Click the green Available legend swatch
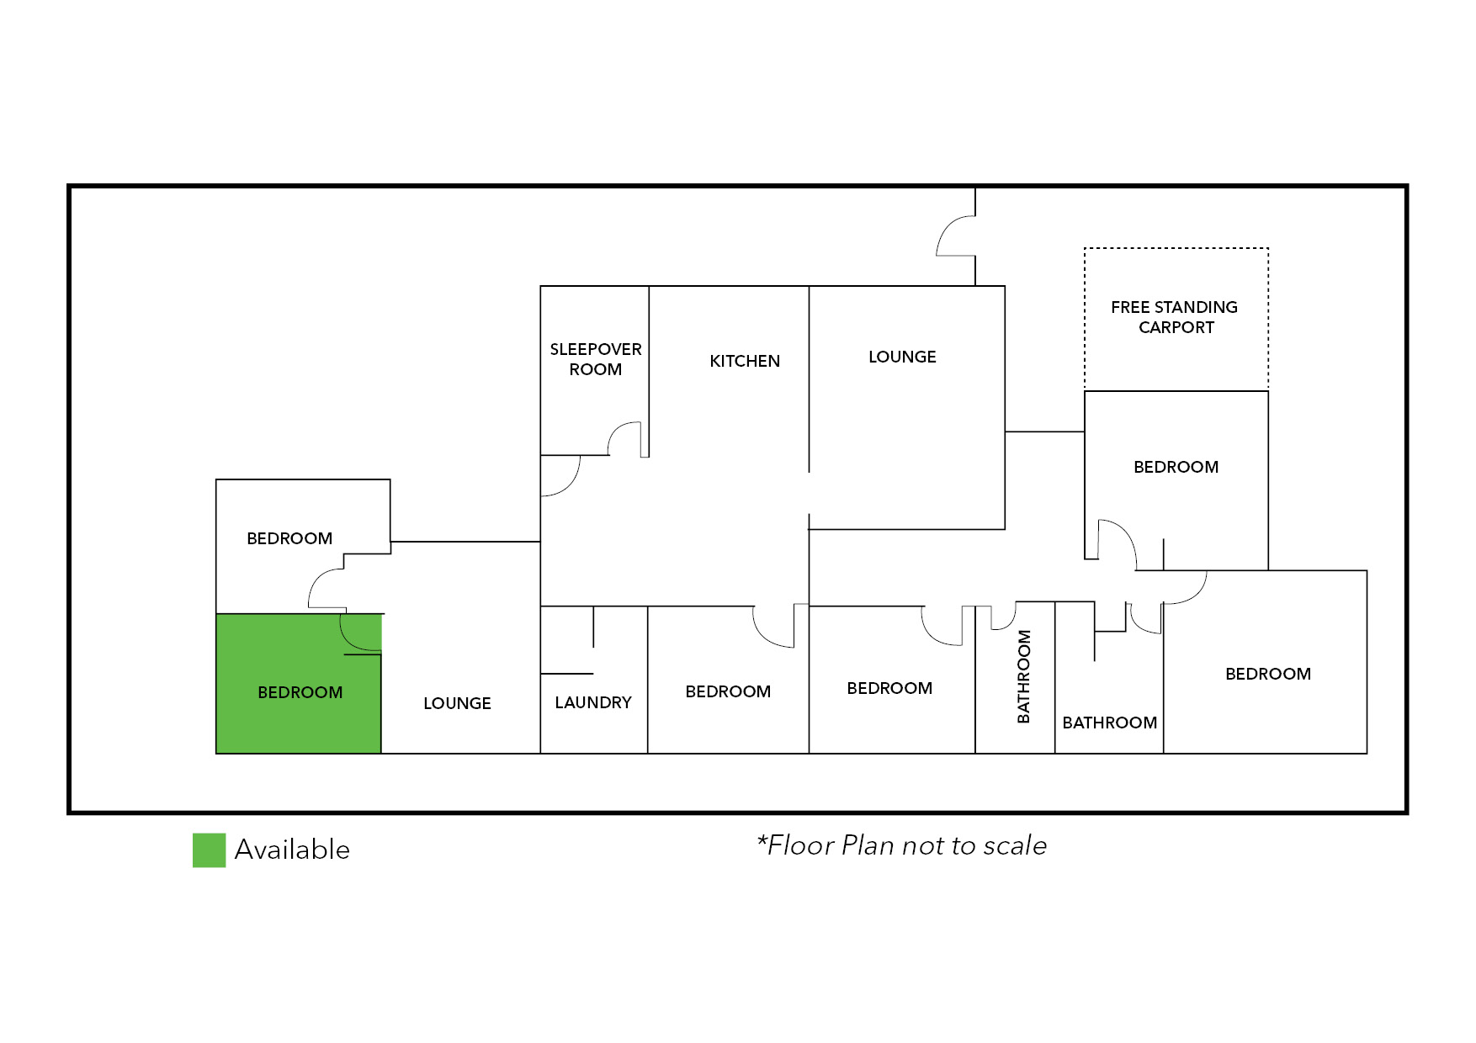(209, 850)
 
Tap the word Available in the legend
(292, 850)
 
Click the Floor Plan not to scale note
(901, 845)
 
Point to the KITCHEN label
(745, 361)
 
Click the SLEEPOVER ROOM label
(596, 359)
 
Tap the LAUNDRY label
(593, 702)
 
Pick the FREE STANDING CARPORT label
(1175, 317)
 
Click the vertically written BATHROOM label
(1024, 676)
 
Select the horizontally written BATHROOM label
(1109, 723)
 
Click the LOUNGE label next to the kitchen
(902, 357)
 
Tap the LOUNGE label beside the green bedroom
(457, 703)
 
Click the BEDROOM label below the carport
(1176, 467)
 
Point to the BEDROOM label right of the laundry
(728, 691)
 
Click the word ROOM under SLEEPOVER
(596, 369)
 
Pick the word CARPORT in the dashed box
(1176, 327)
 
